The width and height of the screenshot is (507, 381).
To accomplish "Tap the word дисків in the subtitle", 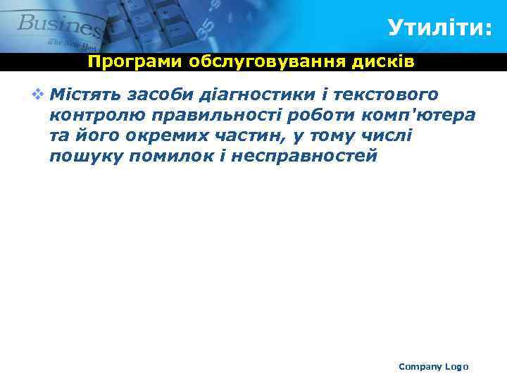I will coord(385,62).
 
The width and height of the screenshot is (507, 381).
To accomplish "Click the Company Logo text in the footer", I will coord(433,366).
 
